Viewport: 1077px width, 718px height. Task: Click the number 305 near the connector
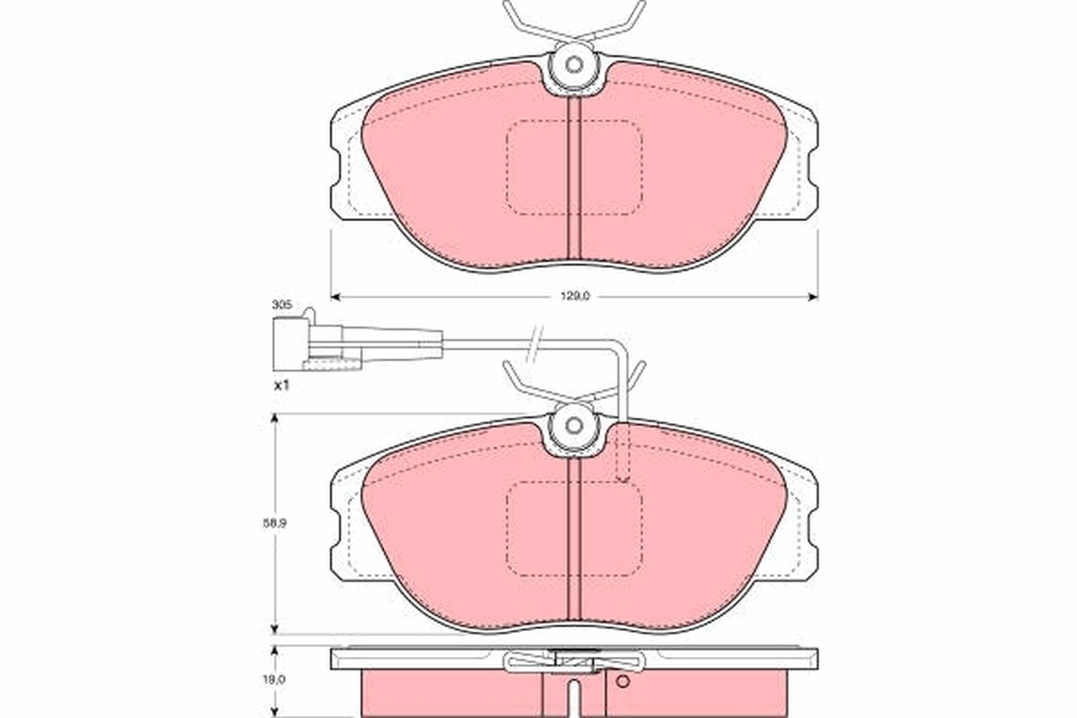tap(281, 305)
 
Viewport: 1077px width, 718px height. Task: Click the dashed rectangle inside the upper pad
tap(574, 168)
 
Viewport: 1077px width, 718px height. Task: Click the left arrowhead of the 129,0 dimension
tap(336, 296)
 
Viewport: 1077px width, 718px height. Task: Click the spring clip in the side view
tap(574, 662)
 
